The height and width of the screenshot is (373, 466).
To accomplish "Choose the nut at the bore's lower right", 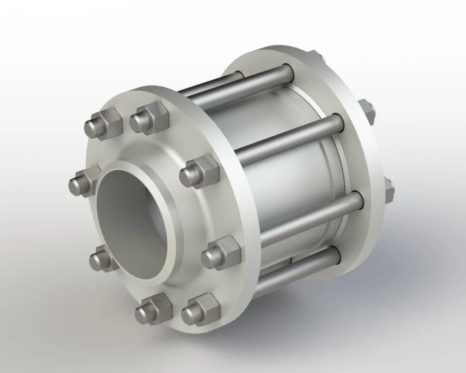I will pyautogui.click(x=220, y=253).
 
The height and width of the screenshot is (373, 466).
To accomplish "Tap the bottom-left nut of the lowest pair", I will pyautogui.click(x=153, y=309).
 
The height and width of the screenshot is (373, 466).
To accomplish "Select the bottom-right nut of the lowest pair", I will pyautogui.click(x=199, y=310).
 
